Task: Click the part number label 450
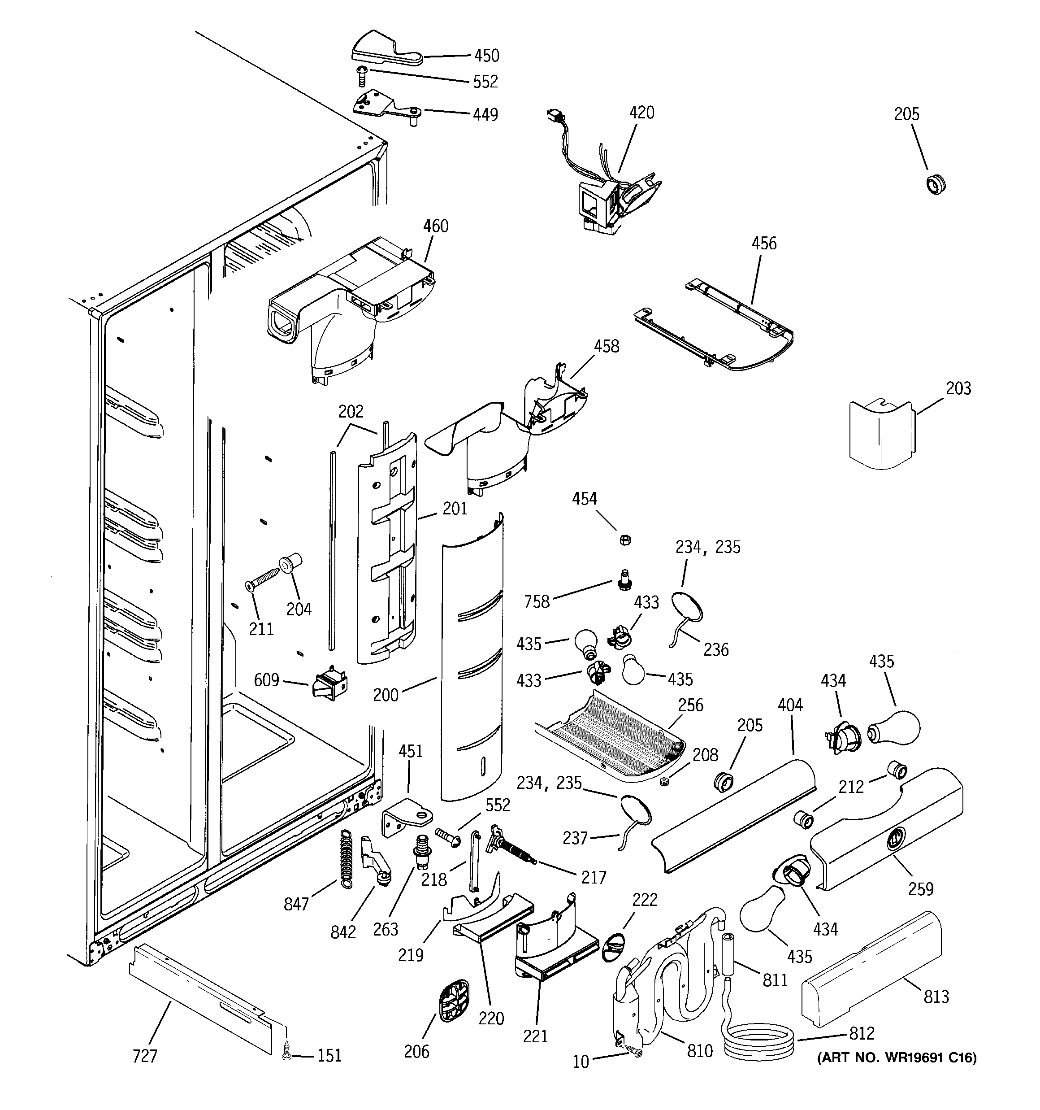click(x=486, y=56)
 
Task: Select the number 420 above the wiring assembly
click(x=641, y=113)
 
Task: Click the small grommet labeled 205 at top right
click(x=936, y=184)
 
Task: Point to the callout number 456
click(x=764, y=244)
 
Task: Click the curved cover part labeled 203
click(x=880, y=434)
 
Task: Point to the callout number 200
click(x=386, y=695)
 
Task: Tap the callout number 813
click(x=936, y=997)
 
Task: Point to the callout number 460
click(x=435, y=226)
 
